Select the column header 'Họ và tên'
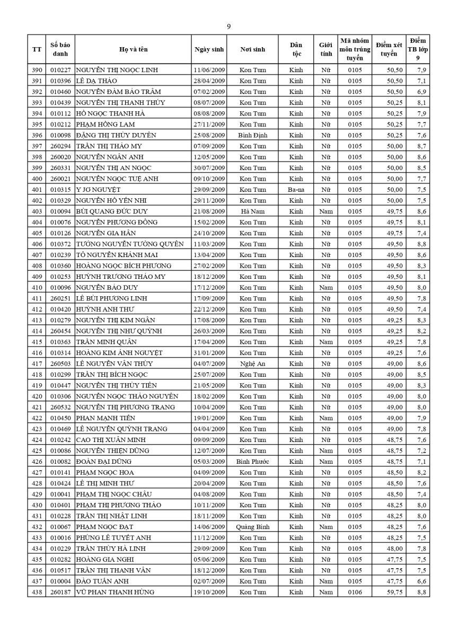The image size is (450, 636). [133, 49]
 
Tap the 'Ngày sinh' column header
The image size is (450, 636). [209, 49]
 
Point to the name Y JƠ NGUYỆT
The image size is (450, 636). [98, 189]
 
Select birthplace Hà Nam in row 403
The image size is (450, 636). [253, 211]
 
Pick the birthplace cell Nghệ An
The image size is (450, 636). [253, 364]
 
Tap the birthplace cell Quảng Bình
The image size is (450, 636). [253, 527]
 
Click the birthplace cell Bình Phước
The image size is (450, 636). [253, 462]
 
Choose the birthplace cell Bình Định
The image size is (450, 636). [253, 135]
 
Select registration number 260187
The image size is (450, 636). [60, 592]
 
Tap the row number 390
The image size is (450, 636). [37, 70]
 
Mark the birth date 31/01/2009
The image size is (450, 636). [209, 352]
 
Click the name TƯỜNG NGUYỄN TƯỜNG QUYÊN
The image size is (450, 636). [130, 244]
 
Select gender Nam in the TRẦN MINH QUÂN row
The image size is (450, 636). [325, 342]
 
